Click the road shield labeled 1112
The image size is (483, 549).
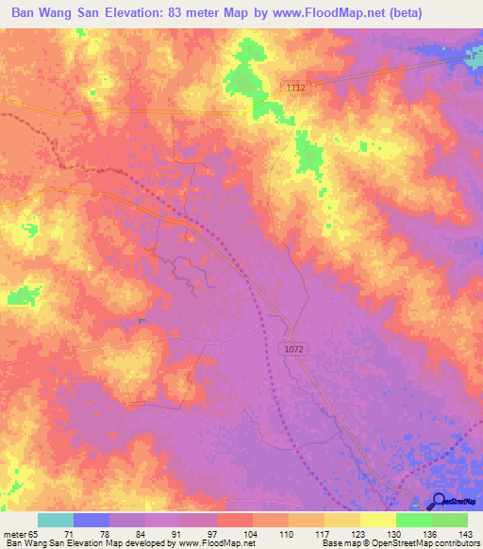[x=296, y=87]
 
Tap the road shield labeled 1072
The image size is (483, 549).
[x=294, y=349]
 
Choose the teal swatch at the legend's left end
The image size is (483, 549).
[x=56, y=520]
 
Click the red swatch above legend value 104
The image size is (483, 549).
[x=234, y=520]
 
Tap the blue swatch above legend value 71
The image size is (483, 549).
[x=92, y=520]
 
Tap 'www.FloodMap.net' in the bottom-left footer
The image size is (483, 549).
[x=214, y=543]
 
